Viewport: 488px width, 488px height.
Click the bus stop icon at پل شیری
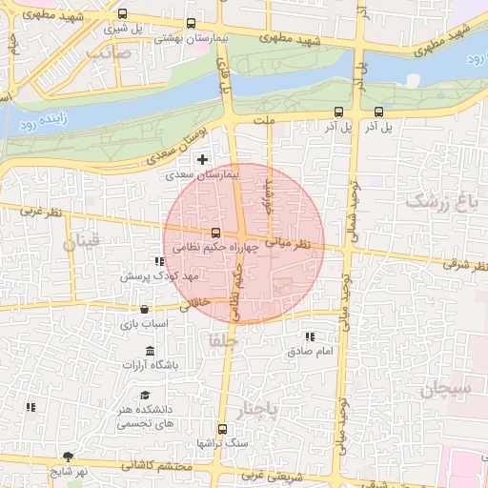point(121,14)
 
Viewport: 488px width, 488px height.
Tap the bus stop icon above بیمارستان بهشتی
point(191,23)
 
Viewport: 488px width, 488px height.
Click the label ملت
point(264,120)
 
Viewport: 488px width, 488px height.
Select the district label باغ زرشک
point(443,201)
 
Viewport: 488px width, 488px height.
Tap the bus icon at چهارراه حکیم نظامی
point(214,233)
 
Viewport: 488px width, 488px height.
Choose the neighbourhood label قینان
point(81,244)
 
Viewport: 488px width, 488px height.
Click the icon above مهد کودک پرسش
point(157,260)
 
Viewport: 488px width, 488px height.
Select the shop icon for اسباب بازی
point(144,310)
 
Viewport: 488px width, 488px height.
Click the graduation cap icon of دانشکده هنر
point(144,395)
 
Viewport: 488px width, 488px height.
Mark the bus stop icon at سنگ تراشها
point(222,429)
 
